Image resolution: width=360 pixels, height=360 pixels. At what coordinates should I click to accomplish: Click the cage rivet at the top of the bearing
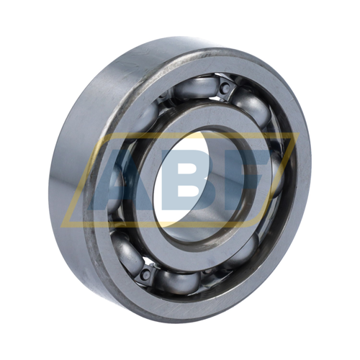225,88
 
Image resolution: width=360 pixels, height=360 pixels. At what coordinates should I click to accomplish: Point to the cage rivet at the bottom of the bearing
145,274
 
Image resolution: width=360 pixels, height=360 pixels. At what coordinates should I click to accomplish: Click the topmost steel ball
197,87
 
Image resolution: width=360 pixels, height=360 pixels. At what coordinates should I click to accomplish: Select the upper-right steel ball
252,109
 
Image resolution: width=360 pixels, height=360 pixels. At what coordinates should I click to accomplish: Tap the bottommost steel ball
178,282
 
